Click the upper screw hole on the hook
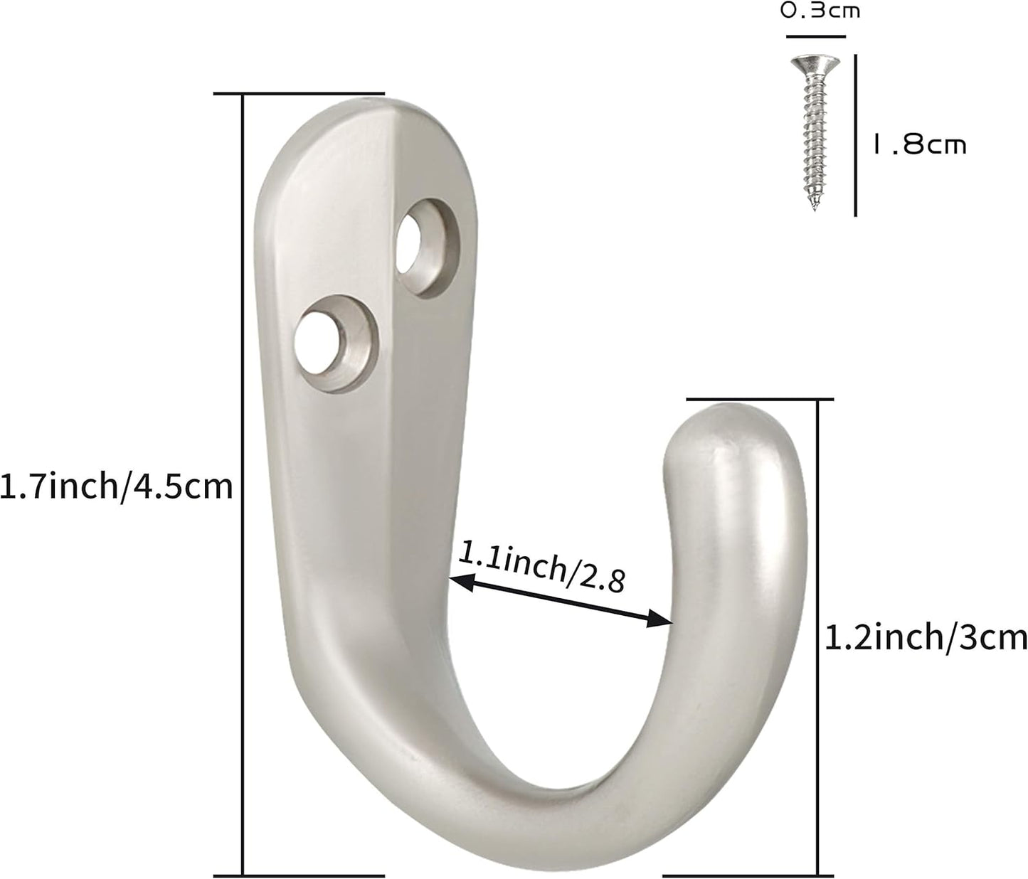coord(423,245)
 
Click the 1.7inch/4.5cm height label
coord(117,487)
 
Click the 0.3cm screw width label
coord(819,11)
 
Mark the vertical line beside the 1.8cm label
coord(854,135)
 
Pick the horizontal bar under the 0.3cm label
coord(815,36)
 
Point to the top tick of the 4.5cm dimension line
coord(299,93)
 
